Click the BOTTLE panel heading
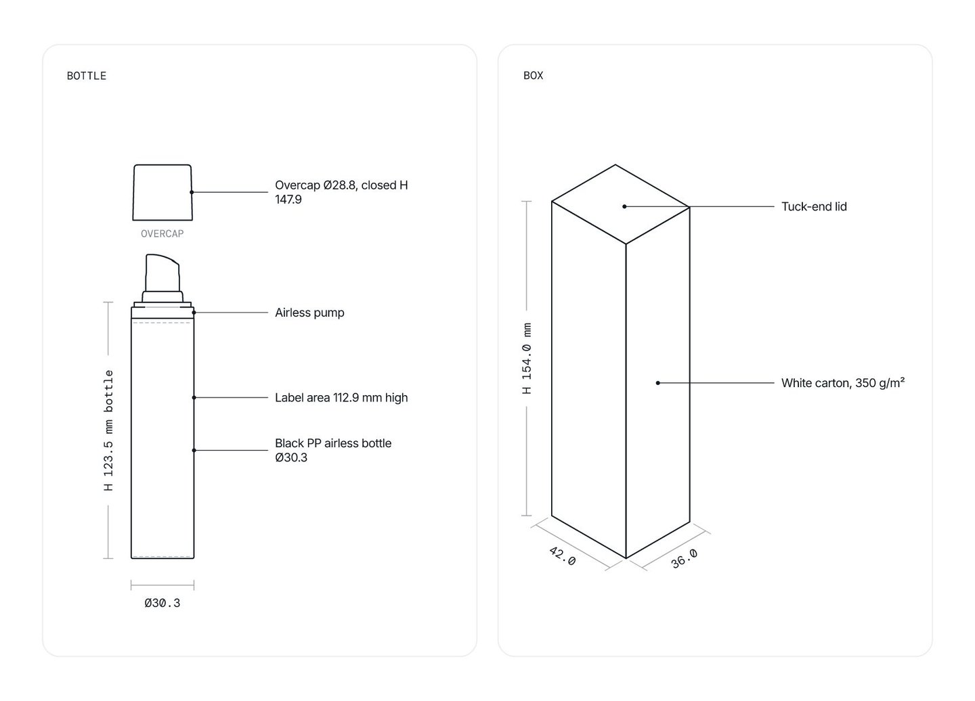(86, 76)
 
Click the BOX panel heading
(534, 76)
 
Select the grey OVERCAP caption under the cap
(162, 234)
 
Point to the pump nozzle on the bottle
(162, 273)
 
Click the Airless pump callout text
(309, 313)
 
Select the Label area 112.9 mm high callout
(341, 397)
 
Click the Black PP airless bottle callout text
(333, 450)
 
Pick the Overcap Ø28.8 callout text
(341, 192)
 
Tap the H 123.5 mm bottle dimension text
(108, 430)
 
